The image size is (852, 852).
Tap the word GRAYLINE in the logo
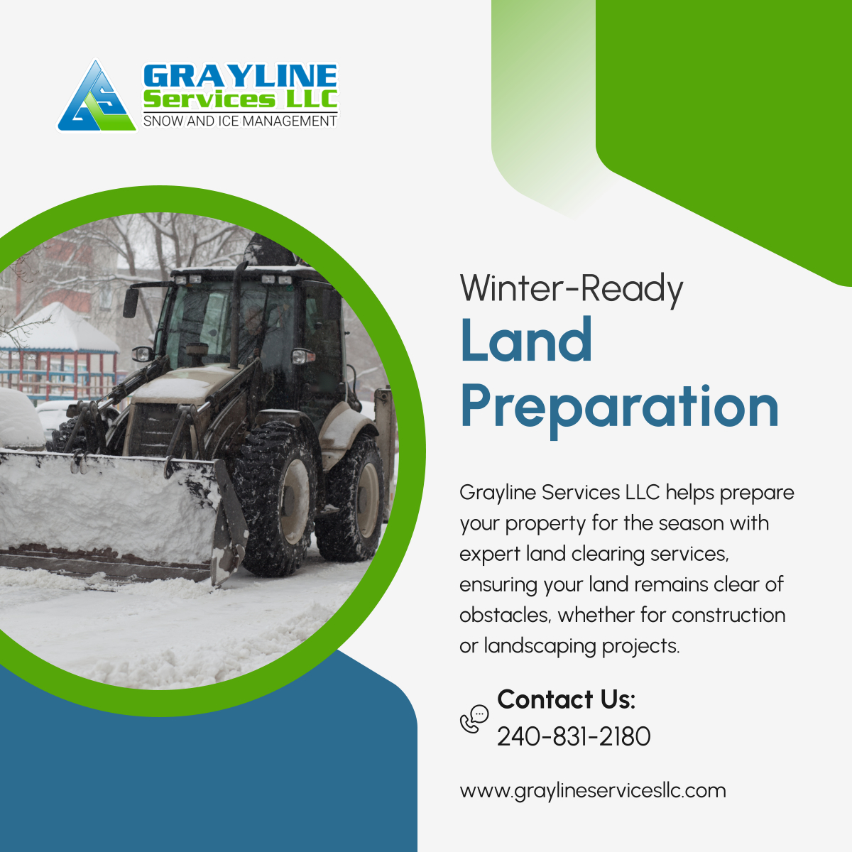[240, 77]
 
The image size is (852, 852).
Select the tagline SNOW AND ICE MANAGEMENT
[240, 121]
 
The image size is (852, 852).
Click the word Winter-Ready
[571, 289]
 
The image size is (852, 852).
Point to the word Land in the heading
[526, 340]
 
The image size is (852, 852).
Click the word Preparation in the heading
[619, 407]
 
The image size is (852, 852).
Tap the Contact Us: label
[566, 699]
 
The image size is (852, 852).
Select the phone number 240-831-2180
[574, 736]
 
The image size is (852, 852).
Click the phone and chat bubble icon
[474, 719]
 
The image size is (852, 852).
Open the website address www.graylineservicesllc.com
[593, 790]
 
